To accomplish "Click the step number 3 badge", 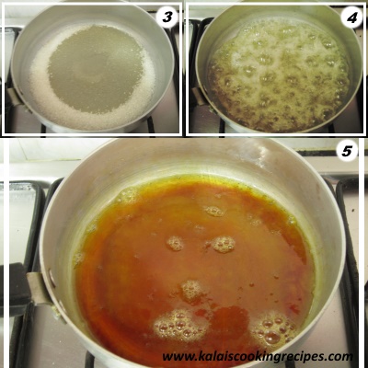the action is click(167, 17).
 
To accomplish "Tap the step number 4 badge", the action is click(351, 18).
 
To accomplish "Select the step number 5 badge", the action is click(347, 151).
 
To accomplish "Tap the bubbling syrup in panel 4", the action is click(278, 75).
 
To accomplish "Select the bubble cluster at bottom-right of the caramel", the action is click(272, 328).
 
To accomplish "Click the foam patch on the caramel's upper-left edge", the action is click(128, 194).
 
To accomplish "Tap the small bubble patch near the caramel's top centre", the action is click(214, 211).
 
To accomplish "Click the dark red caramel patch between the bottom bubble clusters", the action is click(228, 319).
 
